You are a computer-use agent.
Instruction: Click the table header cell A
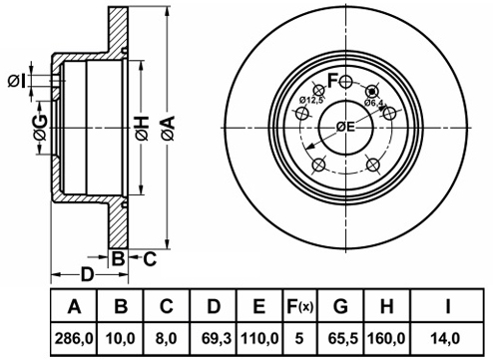pyautogui.click(x=74, y=306)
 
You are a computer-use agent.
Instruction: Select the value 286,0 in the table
pyautogui.click(x=74, y=339)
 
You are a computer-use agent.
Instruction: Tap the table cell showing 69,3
pyautogui.click(x=217, y=339)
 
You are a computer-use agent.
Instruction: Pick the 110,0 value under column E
pyautogui.click(x=259, y=339)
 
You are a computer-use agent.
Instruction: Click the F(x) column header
pyautogui.click(x=300, y=306)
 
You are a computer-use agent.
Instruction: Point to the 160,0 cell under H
pyautogui.click(x=386, y=339)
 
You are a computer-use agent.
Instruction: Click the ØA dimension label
pyautogui.click(x=169, y=128)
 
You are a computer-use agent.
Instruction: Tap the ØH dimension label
pyautogui.click(x=142, y=128)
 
